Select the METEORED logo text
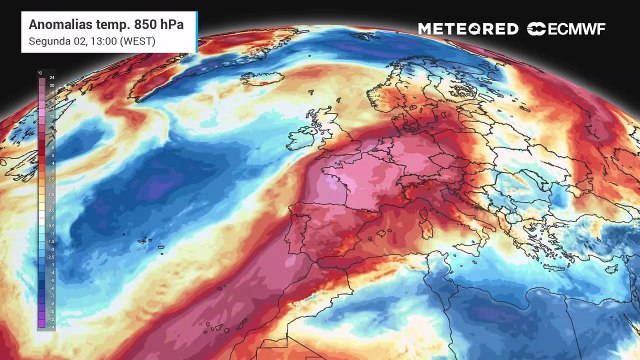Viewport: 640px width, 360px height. coord(468,29)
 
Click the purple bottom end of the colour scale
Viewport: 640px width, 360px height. coord(41,321)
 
